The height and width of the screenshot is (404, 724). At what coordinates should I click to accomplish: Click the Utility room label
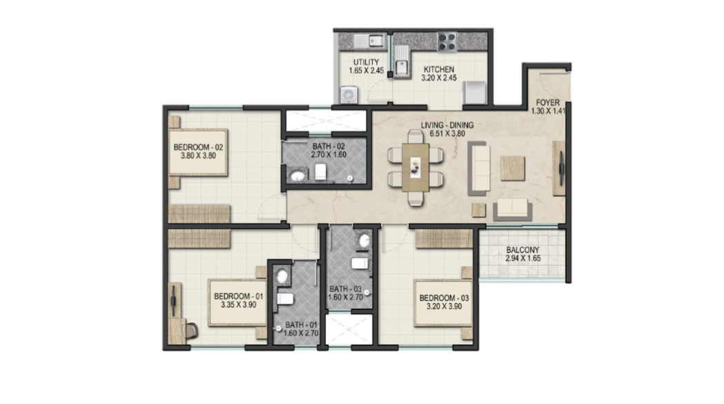point(366,62)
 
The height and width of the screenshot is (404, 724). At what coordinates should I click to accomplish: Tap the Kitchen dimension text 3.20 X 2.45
point(439,77)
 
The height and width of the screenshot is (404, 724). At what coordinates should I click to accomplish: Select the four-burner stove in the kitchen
point(447,41)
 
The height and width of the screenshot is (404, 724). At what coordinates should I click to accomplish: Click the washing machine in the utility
point(349,95)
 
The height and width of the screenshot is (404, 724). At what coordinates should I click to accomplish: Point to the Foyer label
point(547,103)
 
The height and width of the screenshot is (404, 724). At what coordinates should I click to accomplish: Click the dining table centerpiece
point(415,167)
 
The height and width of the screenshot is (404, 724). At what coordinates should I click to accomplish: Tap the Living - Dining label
point(447,125)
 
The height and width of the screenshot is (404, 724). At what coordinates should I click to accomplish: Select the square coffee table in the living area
point(513,169)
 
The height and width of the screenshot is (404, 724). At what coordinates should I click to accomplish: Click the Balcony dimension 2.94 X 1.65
point(522,258)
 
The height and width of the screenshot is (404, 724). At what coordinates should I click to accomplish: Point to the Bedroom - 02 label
point(198,148)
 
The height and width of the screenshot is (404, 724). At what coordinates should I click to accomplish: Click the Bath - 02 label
point(329,146)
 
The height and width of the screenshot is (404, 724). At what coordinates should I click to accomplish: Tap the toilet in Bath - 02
point(321,172)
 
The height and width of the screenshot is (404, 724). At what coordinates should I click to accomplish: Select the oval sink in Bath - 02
point(298,175)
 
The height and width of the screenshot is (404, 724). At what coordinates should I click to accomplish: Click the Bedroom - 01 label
point(238,296)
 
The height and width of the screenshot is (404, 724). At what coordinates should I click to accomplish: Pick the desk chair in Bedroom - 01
point(190,330)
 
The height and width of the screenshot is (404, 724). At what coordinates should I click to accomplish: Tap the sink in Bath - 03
point(364,240)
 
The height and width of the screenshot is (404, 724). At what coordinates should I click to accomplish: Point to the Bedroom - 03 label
point(444,298)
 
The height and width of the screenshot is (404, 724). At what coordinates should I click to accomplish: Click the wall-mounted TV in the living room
point(561,169)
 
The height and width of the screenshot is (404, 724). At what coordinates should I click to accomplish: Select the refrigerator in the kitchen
point(475,93)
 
